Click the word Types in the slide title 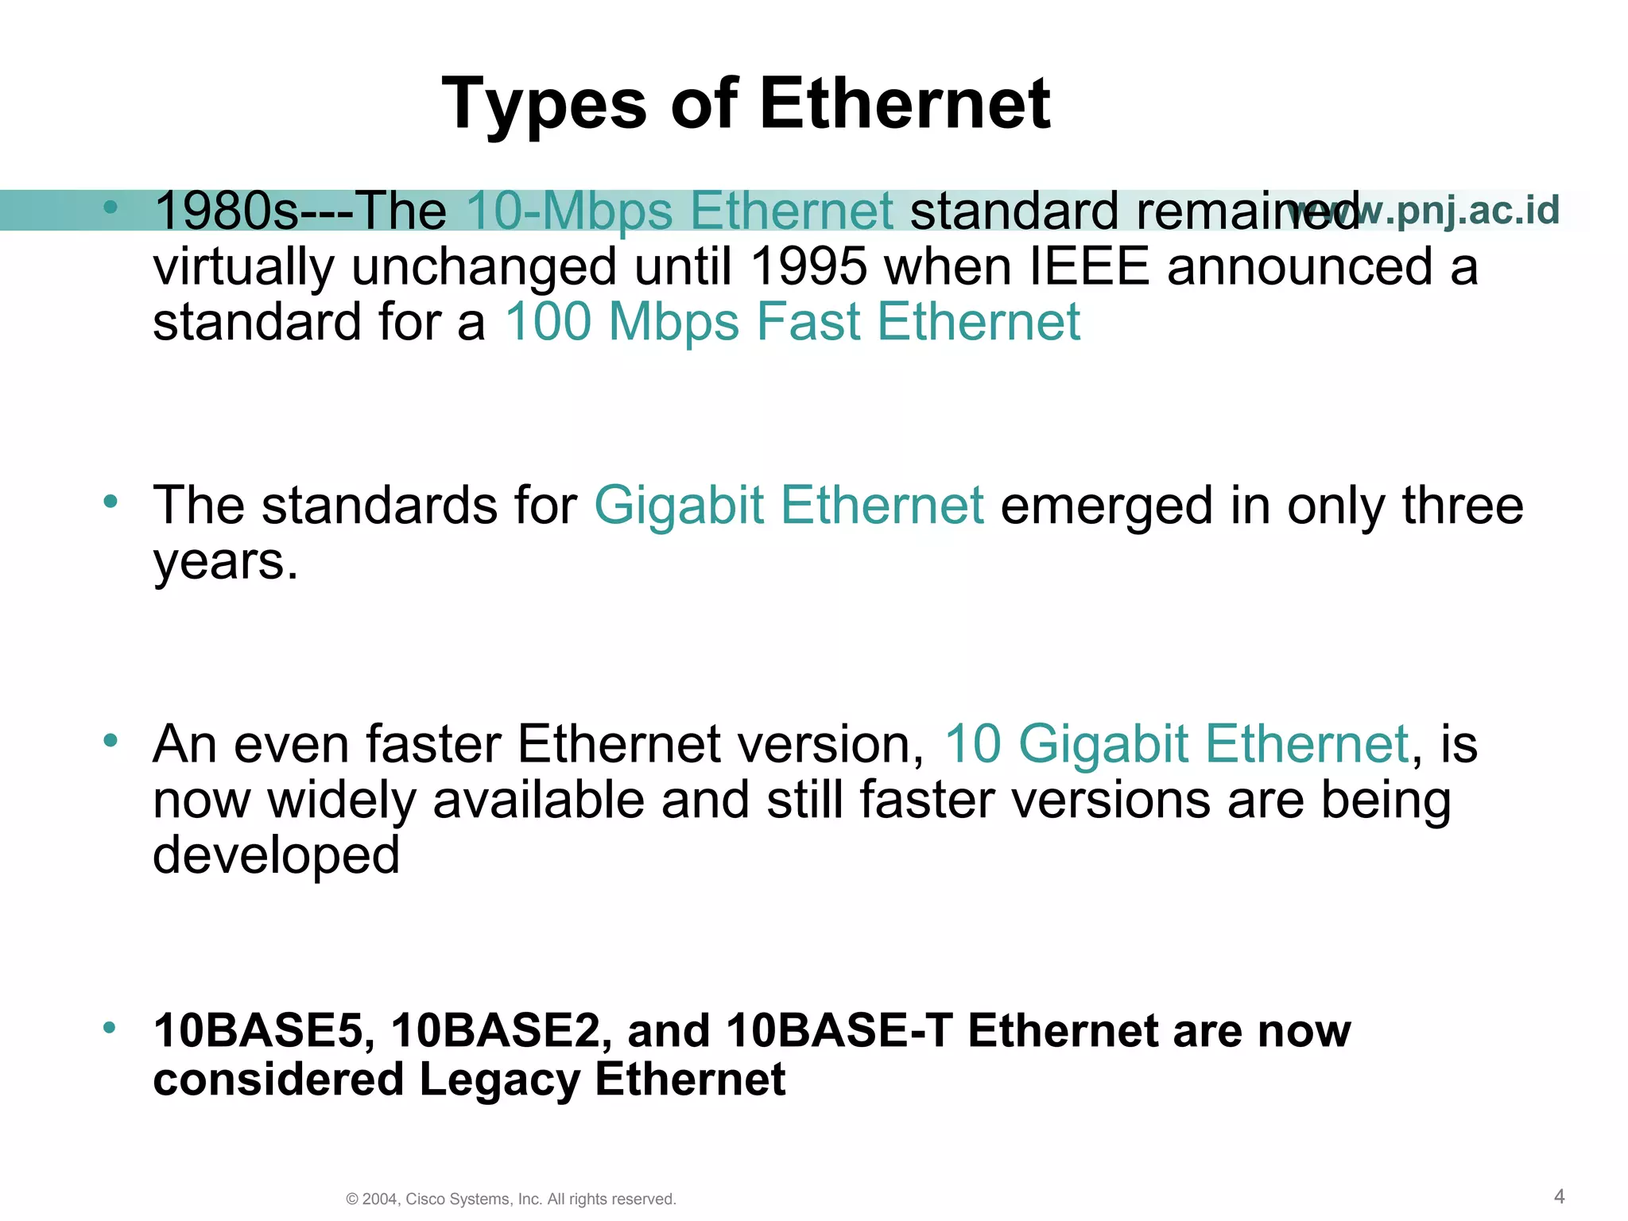(544, 104)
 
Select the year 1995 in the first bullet (808, 266)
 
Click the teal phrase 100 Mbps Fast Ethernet (793, 322)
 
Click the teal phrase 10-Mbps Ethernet (680, 211)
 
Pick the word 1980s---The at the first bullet (300, 211)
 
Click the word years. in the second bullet (226, 561)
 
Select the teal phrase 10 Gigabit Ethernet (1176, 744)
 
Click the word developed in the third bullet (276, 855)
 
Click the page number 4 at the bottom (1559, 1196)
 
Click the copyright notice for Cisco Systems (511, 1200)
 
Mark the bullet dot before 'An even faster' (110, 741)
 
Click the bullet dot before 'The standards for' (110, 502)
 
